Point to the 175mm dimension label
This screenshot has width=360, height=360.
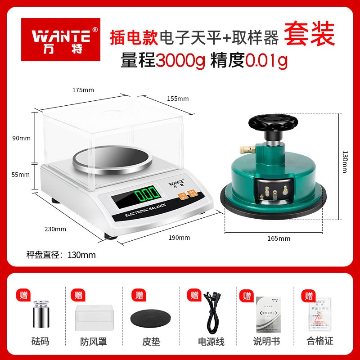pyautogui.click(x=83, y=90)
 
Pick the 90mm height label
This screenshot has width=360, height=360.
pyautogui.click(x=22, y=138)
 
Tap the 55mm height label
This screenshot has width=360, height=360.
pyautogui.click(x=22, y=174)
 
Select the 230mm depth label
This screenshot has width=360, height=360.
pyautogui.click(x=56, y=229)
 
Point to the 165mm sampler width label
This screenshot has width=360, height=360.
pyautogui.click(x=279, y=238)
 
